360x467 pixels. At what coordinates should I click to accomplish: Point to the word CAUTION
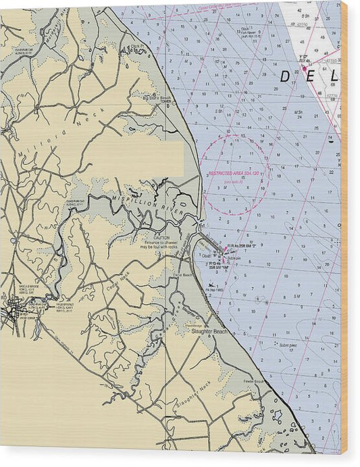tap(161, 237)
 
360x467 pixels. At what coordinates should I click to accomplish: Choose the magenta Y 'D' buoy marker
tap(305, 68)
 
